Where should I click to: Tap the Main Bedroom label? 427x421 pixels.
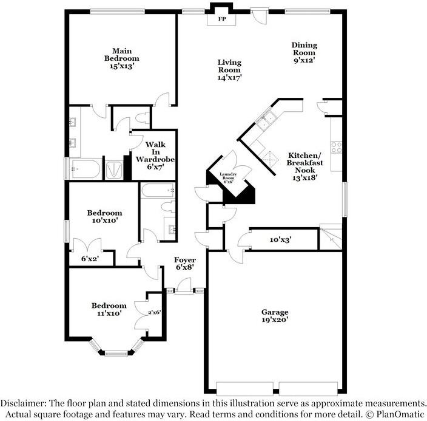121,58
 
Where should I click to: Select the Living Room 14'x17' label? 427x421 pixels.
229,70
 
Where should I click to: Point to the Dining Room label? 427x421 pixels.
304,52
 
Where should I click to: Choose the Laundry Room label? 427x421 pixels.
229,177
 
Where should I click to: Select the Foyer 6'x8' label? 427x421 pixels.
185,263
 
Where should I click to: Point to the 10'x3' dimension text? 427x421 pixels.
280,240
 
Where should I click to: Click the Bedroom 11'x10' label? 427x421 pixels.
109,309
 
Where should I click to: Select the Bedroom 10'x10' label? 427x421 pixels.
104,217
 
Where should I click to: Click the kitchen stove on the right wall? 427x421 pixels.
336,147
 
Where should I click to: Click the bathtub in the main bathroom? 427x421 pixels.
84,169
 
